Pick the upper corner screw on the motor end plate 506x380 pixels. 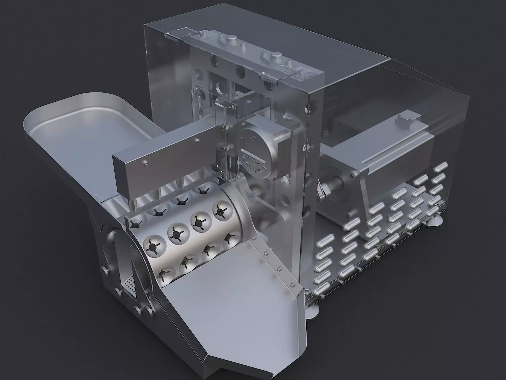point(353,174)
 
